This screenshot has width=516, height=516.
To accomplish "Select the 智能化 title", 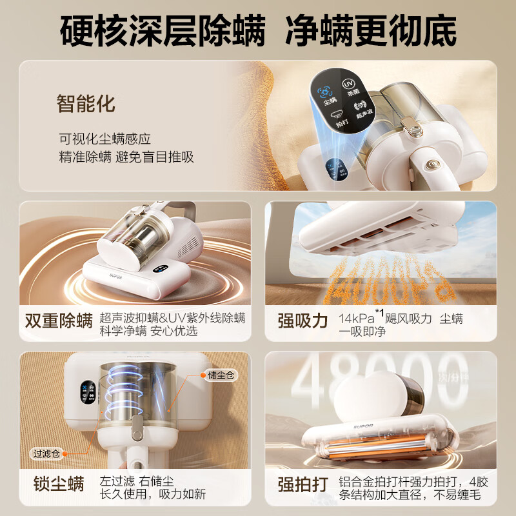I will tap(86, 103).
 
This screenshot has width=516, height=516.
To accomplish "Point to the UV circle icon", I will tap(348, 84).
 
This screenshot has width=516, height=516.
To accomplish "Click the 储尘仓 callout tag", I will tap(222, 375).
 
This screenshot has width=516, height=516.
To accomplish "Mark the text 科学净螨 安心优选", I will tap(148, 331).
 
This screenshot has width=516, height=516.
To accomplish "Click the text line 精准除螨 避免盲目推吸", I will tap(126, 157).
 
